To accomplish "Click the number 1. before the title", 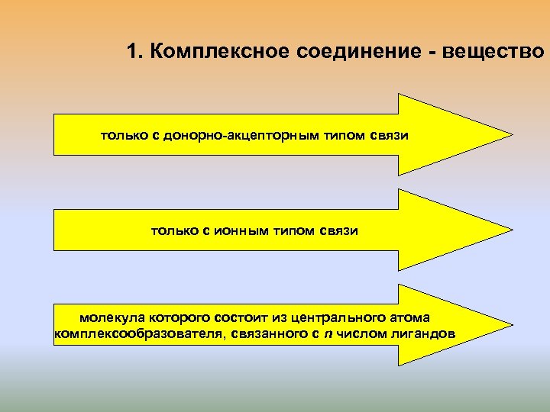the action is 135,52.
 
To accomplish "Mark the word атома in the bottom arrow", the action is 411,317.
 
